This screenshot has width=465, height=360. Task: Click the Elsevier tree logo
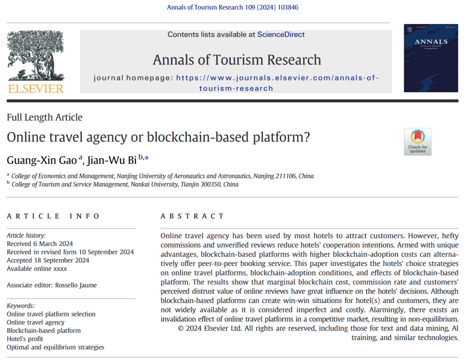[x=36, y=55]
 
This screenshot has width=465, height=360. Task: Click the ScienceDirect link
[x=281, y=35]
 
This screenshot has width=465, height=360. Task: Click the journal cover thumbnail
[x=431, y=58]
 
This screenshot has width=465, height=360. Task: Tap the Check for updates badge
[x=417, y=142]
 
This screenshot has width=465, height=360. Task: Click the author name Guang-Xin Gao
[x=42, y=160]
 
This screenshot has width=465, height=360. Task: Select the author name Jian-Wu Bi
[x=112, y=160]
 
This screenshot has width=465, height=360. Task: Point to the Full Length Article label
[x=44, y=117]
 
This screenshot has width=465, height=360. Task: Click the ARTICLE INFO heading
[x=53, y=216]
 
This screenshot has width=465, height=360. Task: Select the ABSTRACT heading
[x=192, y=216]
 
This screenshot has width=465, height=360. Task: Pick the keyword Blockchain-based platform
[x=44, y=330]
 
